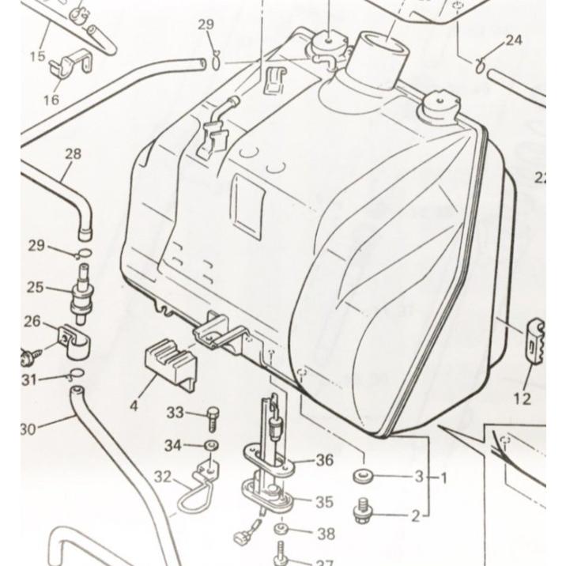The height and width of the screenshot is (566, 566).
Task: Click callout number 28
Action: [x=73, y=154]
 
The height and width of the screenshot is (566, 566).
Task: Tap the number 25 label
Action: [x=35, y=287]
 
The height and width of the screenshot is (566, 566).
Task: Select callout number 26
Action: [x=32, y=321]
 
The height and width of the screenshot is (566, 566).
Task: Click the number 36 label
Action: [x=324, y=460]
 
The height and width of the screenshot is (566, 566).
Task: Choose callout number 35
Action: [x=324, y=502]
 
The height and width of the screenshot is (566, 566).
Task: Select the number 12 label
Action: [x=522, y=399]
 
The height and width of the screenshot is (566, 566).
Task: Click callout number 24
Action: [x=514, y=40]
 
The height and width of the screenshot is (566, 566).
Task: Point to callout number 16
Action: [x=51, y=100]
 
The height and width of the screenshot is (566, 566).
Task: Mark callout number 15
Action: [x=37, y=56]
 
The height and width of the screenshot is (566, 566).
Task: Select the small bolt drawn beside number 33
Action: [x=211, y=415]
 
